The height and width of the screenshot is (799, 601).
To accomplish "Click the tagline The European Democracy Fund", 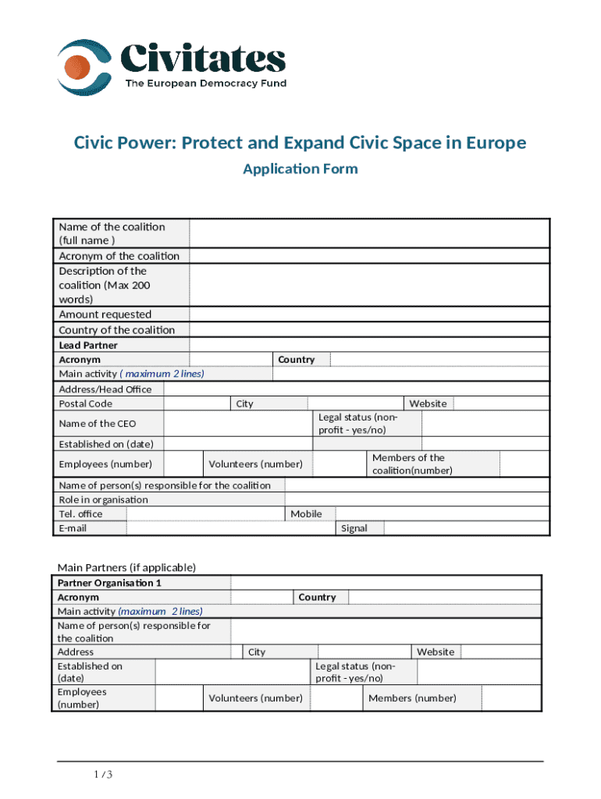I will click(206, 83).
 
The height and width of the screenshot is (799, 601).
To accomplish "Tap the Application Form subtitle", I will click(300, 169).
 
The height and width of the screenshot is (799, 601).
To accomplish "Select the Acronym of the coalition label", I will click(119, 256).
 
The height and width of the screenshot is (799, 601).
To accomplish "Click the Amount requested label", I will click(105, 314).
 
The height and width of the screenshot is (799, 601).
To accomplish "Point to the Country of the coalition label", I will click(117, 330).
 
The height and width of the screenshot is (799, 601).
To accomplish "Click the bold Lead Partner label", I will click(88, 345).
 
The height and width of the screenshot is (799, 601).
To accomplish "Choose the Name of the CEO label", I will click(98, 424).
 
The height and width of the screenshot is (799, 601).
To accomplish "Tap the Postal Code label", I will click(86, 403).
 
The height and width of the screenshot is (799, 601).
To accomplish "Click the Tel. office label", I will click(81, 513).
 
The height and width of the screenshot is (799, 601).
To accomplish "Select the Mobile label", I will click(306, 513).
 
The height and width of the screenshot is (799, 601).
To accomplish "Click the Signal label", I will click(354, 528).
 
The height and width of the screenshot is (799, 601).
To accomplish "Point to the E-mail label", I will click(73, 528).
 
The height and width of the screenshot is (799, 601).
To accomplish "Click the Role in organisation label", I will click(103, 499).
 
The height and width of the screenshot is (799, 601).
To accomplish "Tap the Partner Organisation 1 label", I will click(109, 583).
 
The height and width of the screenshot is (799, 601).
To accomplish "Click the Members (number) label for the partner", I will click(412, 698).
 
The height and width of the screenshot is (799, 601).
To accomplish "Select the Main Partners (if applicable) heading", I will click(126, 567).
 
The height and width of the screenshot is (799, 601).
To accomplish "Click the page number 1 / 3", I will click(103, 775).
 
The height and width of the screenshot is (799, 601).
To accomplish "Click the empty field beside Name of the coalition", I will click(369, 233).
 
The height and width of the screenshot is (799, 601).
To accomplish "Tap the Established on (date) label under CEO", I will click(106, 444).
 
